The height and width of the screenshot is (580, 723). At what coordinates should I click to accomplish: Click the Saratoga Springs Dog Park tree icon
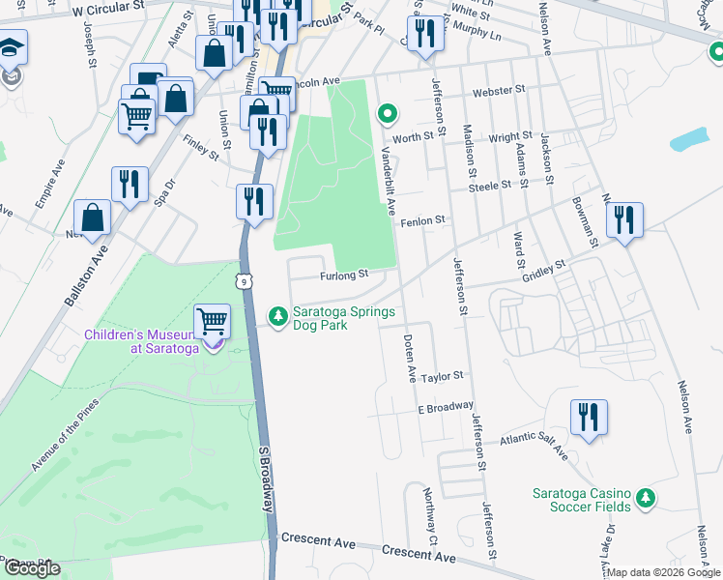(278, 316)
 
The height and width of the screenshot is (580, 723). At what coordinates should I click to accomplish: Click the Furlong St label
(345, 275)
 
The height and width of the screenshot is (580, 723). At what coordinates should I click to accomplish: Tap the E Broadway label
(446, 408)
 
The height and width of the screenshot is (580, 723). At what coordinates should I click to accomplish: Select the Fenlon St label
(425, 220)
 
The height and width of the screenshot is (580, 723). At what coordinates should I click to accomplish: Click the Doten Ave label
(409, 356)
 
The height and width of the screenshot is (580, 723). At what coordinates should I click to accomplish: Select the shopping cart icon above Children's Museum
(212, 321)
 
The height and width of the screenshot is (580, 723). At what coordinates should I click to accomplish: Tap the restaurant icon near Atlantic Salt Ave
(589, 418)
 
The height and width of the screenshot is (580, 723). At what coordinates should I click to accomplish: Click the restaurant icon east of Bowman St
(625, 220)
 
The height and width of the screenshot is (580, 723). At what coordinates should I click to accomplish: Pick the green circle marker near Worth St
(388, 115)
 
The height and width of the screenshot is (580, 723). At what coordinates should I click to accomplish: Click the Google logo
(32, 569)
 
